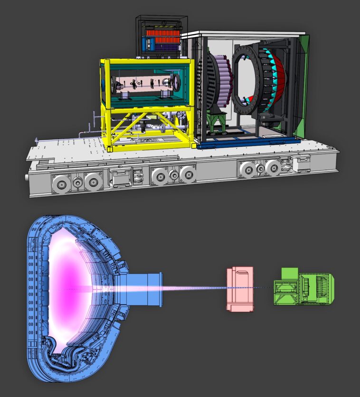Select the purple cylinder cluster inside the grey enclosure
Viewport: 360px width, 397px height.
[221, 81]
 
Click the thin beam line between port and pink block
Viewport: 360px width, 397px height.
[195, 288]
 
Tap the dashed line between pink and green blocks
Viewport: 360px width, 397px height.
[264, 288]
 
